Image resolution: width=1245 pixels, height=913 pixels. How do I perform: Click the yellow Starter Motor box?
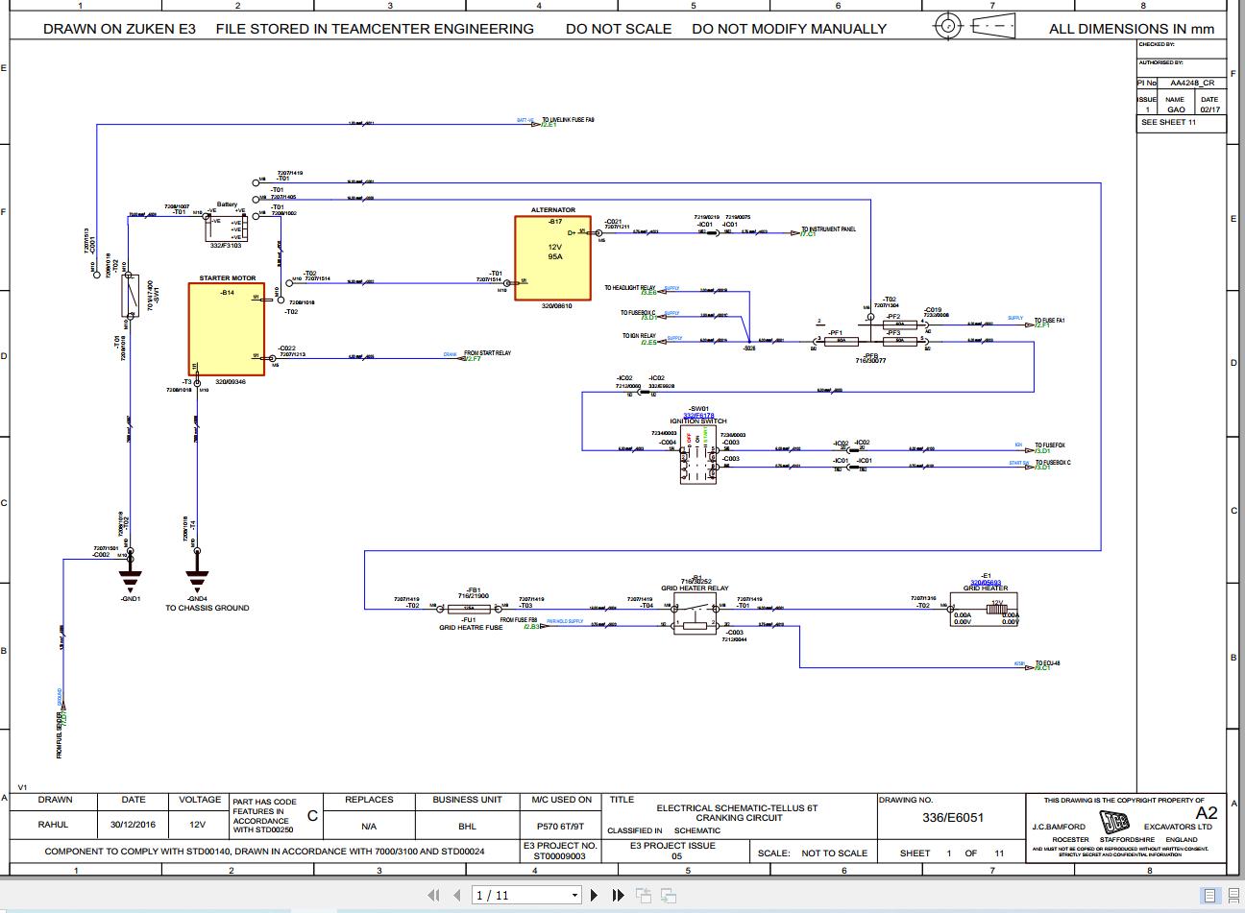pyautogui.click(x=226, y=329)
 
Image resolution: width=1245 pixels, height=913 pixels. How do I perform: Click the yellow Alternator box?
pyautogui.click(x=552, y=258)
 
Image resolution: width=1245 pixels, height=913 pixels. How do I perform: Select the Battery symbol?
pyautogui.click(x=227, y=228)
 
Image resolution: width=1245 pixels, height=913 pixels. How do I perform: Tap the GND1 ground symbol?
pyautogui.click(x=131, y=579)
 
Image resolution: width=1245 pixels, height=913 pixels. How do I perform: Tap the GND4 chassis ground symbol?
pyautogui.click(x=197, y=579)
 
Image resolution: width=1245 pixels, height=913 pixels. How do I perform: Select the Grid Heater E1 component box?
pyautogui.click(x=985, y=612)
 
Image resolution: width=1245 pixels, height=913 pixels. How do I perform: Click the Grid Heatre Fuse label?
pyautogui.click(x=471, y=628)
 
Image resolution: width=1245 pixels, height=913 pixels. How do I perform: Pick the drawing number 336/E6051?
pyautogui.click(x=953, y=818)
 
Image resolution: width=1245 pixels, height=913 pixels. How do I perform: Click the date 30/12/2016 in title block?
pyautogui.click(x=134, y=825)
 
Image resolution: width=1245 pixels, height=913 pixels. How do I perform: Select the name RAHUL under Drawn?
pyautogui.click(x=54, y=825)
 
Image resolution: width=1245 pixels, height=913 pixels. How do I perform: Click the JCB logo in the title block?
pyautogui.click(x=1115, y=824)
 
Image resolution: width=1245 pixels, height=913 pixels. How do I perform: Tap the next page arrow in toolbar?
pyautogui.click(x=595, y=895)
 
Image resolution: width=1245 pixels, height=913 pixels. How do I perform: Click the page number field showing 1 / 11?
pyautogui.click(x=526, y=895)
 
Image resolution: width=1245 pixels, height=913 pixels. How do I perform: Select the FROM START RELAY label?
pyautogui.click(x=487, y=353)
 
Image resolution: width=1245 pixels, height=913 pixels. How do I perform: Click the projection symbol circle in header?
pyautogui.click(x=949, y=25)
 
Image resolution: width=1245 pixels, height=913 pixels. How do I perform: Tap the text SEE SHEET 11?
pyautogui.click(x=1168, y=123)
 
